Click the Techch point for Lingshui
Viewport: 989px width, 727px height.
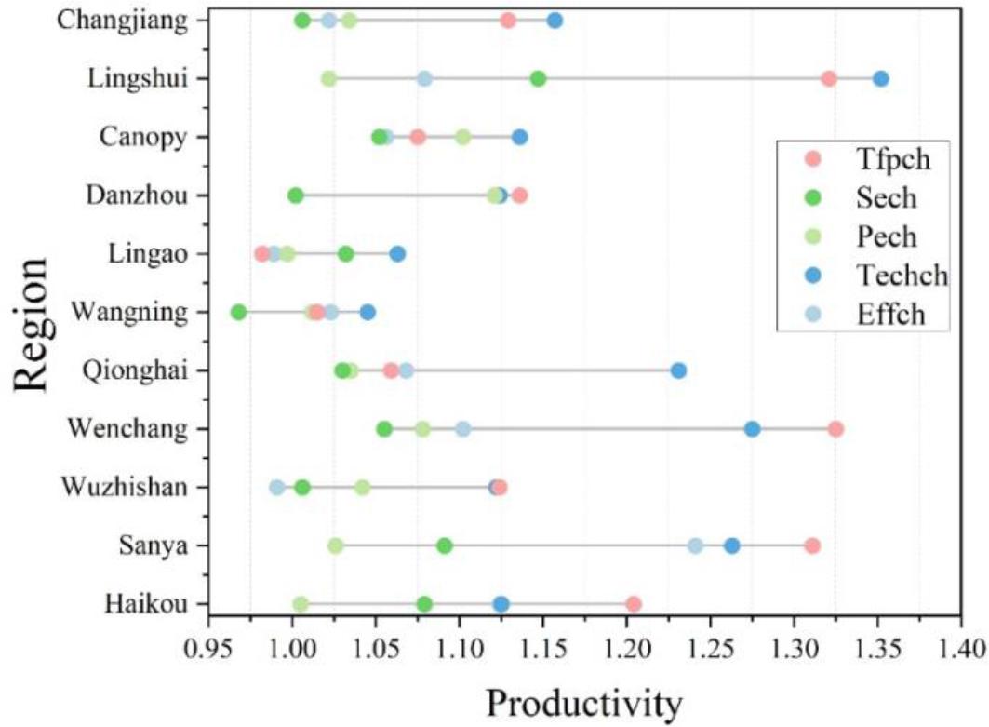tap(880, 78)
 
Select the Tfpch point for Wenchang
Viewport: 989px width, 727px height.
tap(835, 428)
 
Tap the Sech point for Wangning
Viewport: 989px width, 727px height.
tap(239, 312)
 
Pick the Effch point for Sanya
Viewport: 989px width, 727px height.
tap(695, 545)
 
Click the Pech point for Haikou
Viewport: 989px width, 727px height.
tap(301, 604)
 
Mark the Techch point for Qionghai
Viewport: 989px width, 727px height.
tap(678, 370)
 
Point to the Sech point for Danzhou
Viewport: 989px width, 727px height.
tap(296, 195)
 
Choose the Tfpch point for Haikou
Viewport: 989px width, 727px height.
tap(634, 604)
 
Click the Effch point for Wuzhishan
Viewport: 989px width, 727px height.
tap(277, 487)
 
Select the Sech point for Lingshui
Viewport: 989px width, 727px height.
tap(538, 78)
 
